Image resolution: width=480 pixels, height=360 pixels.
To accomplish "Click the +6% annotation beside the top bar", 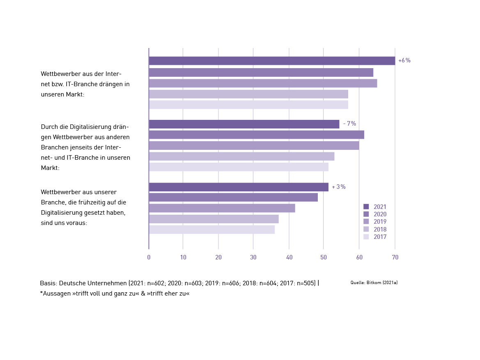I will click(404, 61).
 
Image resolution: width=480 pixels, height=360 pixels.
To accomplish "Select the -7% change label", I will click(349, 124).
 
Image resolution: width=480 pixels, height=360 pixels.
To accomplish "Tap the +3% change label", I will click(339, 187).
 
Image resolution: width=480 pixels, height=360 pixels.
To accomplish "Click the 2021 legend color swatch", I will click(366, 207).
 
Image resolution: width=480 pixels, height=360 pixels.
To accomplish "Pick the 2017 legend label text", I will click(380, 237).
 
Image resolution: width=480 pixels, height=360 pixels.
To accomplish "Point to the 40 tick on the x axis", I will click(289, 257).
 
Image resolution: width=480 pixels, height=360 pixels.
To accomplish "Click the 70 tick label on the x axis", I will click(395, 257).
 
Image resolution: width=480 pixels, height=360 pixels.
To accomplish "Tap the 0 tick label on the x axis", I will click(149, 257).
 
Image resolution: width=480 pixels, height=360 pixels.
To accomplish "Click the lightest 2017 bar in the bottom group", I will click(211, 229).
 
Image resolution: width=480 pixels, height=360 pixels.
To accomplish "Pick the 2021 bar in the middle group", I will click(244, 124).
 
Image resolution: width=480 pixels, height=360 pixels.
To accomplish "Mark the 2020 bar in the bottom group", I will click(233, 197).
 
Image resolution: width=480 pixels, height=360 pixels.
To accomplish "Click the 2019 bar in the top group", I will click(263, 83).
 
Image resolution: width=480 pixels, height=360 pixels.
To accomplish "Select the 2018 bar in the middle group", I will click(241, 156).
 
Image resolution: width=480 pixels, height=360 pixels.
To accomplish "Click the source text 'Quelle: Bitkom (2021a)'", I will click(374, 283).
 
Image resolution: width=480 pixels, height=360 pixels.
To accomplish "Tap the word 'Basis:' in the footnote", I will click(48, 283).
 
